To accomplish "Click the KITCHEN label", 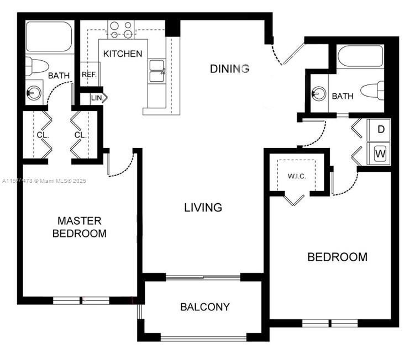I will [123, 54].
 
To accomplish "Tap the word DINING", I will [229, 68].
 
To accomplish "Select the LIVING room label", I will [203, 208].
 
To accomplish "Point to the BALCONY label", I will [204, 307].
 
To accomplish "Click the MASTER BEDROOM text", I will [79, 227].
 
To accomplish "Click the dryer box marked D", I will [380, 130].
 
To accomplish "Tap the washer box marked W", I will [380, 153].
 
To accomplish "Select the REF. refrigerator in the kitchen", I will [89, 75].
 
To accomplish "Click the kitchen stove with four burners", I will [122, 29].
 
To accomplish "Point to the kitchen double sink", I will [156, 71].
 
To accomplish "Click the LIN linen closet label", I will [97, 98].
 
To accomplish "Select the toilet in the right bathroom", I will [372, 91].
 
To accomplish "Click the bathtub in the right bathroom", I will [360, 56].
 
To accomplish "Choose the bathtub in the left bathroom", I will [50, 37].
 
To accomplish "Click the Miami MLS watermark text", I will [44, 181].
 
